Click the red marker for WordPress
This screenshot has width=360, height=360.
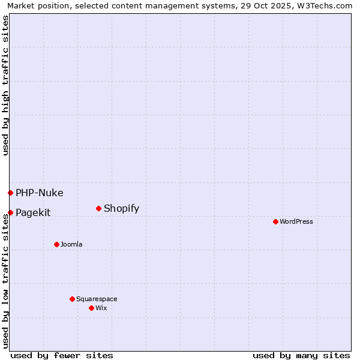pyautogui.click(x=275, y=221)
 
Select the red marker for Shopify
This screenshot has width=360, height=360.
pyautogui.click(x=98, y=208)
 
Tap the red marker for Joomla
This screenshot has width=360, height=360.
pyautogui.click(x=56, y=244)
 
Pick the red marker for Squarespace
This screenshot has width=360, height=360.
pyautogui.click(x=72, y=299)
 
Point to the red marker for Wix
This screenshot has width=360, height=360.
pyautogui.click(x=91, y=308)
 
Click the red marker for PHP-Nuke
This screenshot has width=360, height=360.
pyautogui.click(x=10, y=193)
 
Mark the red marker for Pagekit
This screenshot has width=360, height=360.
pyautogui.click(x=10, y=212)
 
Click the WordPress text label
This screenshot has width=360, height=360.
pyautogui.click(x=296, y=221)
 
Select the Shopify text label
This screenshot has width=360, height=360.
pyautogui.click(x=121, y=208)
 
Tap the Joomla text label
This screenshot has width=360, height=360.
pyautogui.click(x=71, y=244)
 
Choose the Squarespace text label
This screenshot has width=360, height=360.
pyautogui.click(x=97, y=299)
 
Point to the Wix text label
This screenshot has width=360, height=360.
pyautogui.click(x=101, y=308)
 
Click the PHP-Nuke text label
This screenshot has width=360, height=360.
pyautogui.click(x=40, y=193)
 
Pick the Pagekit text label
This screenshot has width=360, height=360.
pyautogui.click(x=33, y=212)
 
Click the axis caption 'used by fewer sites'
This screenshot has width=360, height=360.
pyautogui.click(x=62, y=355)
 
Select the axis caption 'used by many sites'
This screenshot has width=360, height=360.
pyautogui.click(x=301, y=355)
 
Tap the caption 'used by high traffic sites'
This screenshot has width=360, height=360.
pyautogui.click(x=5, y=85)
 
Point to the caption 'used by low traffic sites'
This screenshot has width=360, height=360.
pyautogui.click(x=5, y=281)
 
